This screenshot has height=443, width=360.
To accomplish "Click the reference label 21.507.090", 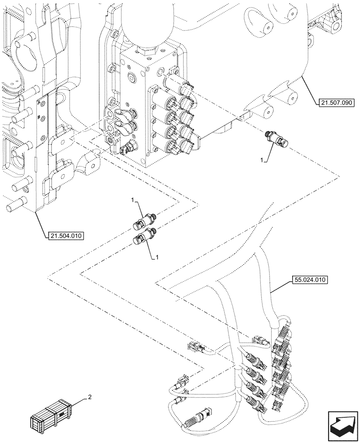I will coord(335,103).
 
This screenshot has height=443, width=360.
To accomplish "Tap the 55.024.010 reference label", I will coord(309,280).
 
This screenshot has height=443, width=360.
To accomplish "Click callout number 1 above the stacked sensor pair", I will coord(133,201).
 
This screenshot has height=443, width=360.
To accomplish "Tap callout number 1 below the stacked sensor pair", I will coord(157,257).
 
